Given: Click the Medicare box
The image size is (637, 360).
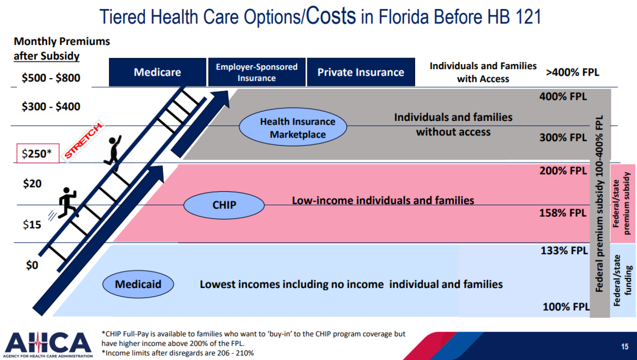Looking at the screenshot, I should [x=157, y=72].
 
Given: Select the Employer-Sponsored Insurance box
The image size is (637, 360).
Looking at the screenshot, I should [x=257, y=72].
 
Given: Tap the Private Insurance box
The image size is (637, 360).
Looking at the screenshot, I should [x=360, y=72].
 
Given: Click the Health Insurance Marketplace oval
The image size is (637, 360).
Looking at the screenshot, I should [x=293, y=127].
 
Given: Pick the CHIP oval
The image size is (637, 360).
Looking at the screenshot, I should [x=224, y=205].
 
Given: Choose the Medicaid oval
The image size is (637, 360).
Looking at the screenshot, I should [x=138, y=284].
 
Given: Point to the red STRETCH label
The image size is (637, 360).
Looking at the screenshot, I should [x=84, y=141].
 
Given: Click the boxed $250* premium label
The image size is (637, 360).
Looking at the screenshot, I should [x=38, y=154].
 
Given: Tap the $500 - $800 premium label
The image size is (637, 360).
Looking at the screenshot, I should [x=51, y=78].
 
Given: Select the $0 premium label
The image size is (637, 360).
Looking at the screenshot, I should [x=32, y=265].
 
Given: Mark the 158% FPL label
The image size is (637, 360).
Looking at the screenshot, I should [x=562, y=213].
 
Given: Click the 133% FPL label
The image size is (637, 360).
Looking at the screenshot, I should [x=564, y=251].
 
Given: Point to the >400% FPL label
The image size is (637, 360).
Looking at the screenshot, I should [x=572, y=72].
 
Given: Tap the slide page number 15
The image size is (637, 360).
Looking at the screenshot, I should [x=624, y=347].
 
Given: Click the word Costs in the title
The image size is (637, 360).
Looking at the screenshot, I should [x=331, y=16].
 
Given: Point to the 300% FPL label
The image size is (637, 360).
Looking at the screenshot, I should [x=563, y=138].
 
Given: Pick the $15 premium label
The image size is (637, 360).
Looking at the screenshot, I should [x=32, y=225].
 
